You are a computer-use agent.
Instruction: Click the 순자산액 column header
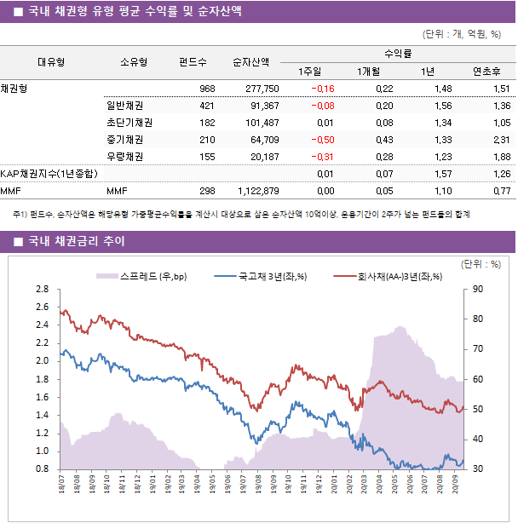251,62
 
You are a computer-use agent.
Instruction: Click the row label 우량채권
119,157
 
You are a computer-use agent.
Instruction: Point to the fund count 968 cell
207,89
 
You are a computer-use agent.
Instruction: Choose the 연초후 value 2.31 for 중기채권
501,140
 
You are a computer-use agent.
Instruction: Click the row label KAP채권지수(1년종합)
49,174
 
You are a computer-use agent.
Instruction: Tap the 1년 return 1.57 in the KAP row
442,174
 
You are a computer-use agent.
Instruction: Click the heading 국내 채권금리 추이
76,242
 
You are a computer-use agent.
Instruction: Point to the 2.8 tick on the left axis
42,290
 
